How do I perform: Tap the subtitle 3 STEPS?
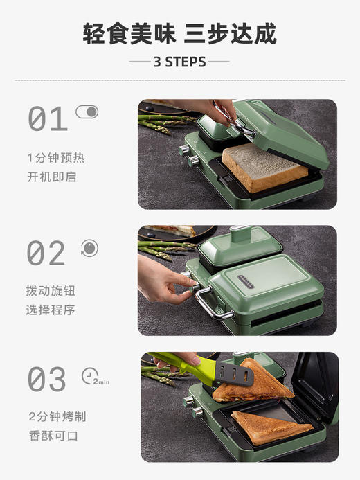pyautogui.click(x=179, y=62)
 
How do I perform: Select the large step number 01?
pyautogui.click(x=48, y=120)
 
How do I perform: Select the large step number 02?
pyautogui.click(x=46, y=254)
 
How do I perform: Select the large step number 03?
pyautogui.click(x=47, y=380)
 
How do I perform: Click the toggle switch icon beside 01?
pyautogui.click(x=87, y=112)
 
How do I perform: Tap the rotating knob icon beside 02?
pyautogui.click(x=89, y=248)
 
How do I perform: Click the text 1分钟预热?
pyautogui.click(x=56, y=158)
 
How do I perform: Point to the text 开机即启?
pyautogui.click(x=51, y=177)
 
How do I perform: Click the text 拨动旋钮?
pyautogui.click(x=51, y=291)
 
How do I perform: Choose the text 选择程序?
pyautogui.click(x=51, y=310)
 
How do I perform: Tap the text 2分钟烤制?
pyautogui.click(x=57, y=417)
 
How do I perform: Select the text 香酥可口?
pyautogui.click(x=53, y=436)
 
